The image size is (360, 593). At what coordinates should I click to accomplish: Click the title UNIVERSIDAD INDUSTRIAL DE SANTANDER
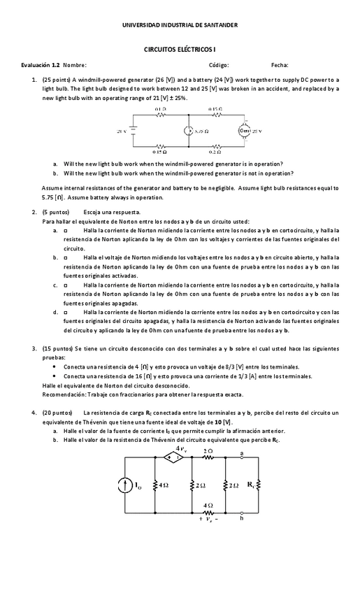[x=180, y=24]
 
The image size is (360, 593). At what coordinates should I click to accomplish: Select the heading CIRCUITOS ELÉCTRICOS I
[x=180, y=51]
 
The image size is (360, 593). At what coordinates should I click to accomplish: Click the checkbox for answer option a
[x=66, y=230]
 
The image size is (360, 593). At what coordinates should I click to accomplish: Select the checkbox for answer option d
[x=66, y=312]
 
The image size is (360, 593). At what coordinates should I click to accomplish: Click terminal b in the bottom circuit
[x=242, y=517]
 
